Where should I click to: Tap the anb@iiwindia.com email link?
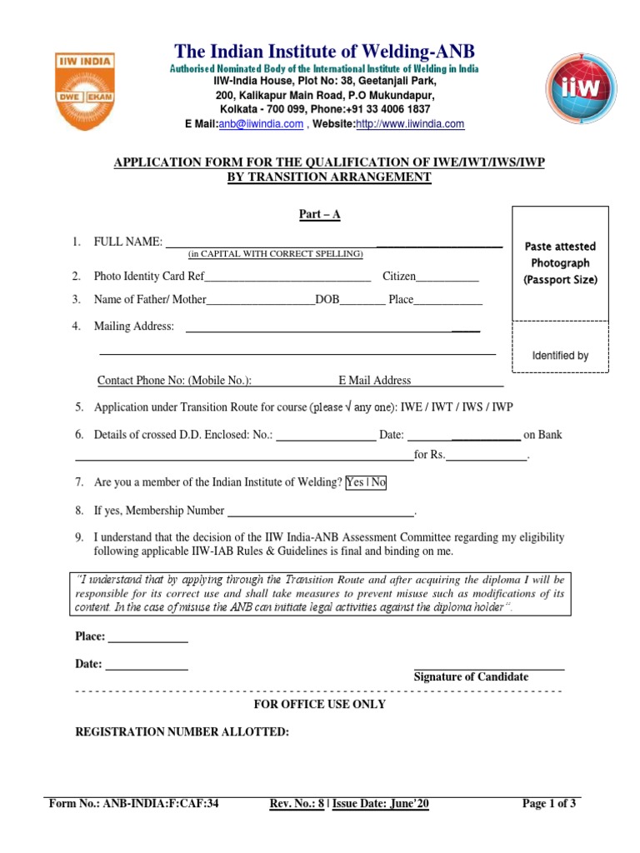point(261,124)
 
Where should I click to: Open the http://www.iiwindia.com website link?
point(410,124)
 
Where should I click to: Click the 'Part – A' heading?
point(320,215)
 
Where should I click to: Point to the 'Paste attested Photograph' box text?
point(560,263)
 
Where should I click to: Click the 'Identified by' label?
point(560,356)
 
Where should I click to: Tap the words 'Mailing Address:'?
point(134,327)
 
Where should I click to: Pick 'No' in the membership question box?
point(378,482)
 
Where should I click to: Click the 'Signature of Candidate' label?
point(471,677)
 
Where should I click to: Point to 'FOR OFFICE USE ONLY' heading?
point(319,705)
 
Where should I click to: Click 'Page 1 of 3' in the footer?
point(548,804)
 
